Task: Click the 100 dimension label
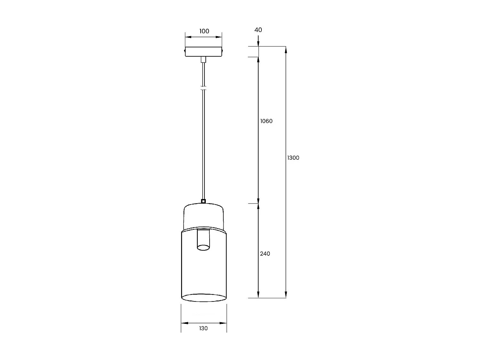[204, 31]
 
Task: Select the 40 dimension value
[258, 30]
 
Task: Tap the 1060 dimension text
[266, 121]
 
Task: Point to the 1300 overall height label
[293, 158]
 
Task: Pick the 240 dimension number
[265, 253]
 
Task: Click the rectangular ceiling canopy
[204, 52]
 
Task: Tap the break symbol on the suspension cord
[204, 88]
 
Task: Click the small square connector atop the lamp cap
[204, 201]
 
